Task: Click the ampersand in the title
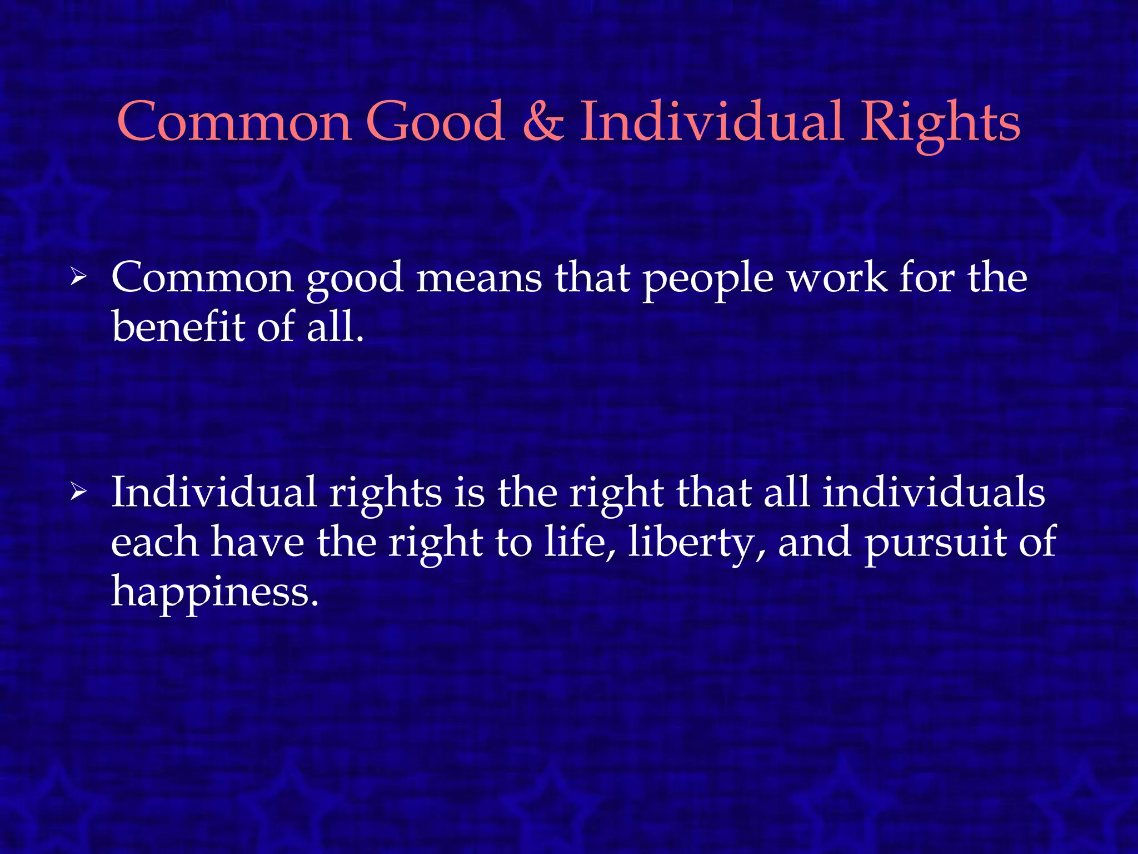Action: pos(543,121)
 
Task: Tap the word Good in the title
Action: pos(435,121)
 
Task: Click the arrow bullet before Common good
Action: pos(78,277)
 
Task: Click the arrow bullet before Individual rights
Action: pos(78,493)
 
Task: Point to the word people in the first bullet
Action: pos(708,279)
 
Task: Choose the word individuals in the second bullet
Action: pos(934,493)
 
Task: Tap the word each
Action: pos(154,543)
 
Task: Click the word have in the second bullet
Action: pos(257,543)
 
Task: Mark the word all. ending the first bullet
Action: pos(336,326)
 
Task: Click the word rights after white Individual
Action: pos(385,495)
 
